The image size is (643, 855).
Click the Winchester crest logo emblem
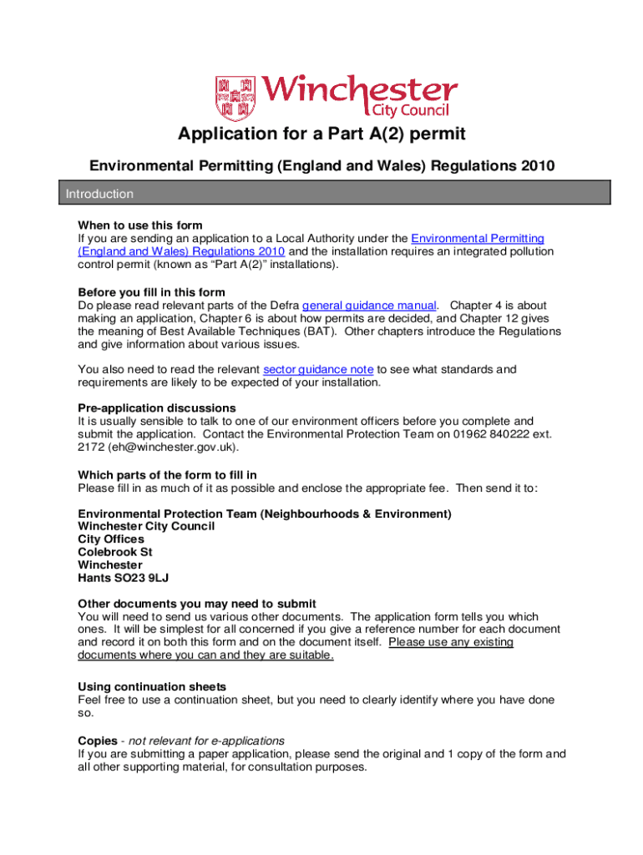click(234, 96)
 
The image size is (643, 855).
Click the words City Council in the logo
click(409, 110)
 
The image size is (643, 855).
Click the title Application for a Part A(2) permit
click(321, 134)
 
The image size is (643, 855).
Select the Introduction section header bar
click(321, 194)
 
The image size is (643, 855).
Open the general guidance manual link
click(369, 305)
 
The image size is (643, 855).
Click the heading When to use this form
click(139, 225)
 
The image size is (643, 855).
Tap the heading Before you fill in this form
click(151, 292)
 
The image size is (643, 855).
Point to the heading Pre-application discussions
click(156, 408)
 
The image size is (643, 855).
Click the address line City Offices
click(111, 539)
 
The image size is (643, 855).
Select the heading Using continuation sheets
click(152, 687)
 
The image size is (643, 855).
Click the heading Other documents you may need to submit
click(196, 604)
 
